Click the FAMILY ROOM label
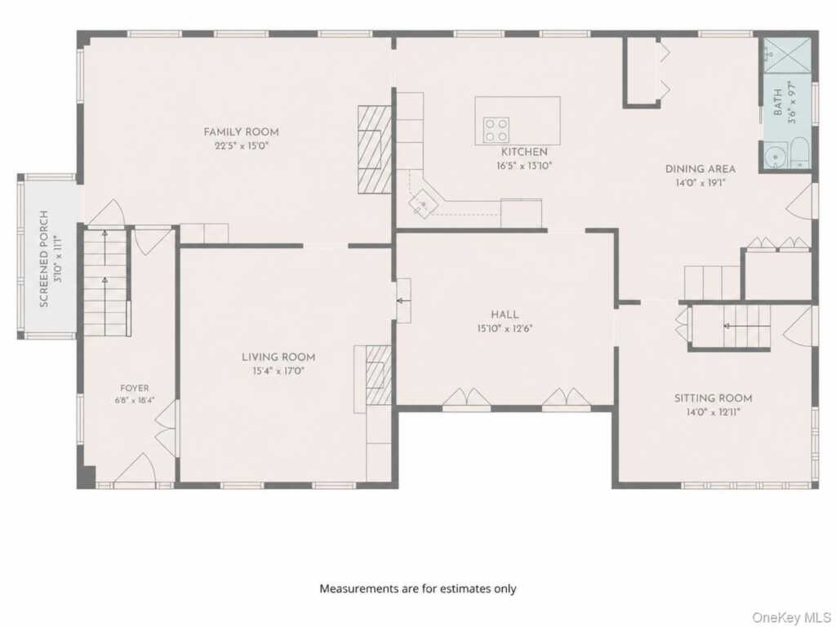[241, 131]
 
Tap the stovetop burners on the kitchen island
[496, 130]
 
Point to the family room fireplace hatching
[375, 149]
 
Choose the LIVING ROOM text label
[278, 358]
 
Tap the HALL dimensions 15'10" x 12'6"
[505, 328]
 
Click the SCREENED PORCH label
[44, 259]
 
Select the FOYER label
[135, 388]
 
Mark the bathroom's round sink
[773, 157]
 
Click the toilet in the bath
[800, 153]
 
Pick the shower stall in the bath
[788, 55]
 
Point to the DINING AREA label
[700, 169]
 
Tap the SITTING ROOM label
[713, 398]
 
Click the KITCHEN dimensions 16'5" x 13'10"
[524, 166]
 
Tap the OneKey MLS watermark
[790, 617]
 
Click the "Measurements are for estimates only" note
[418, 589]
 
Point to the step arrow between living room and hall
[403, 300]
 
